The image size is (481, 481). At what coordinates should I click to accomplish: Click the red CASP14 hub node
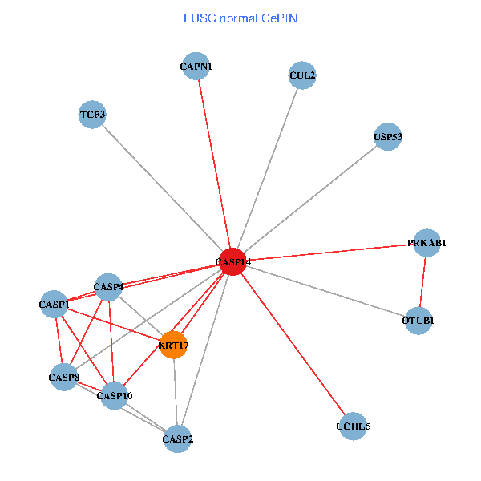point(232,261)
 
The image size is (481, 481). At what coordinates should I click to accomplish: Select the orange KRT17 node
point(173,346)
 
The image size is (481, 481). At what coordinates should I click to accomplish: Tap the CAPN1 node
point(196,67)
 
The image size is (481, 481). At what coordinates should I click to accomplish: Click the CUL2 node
point(302,76)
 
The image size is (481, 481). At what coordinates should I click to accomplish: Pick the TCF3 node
point(92,115)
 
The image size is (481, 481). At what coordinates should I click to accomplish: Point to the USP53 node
point(387,136)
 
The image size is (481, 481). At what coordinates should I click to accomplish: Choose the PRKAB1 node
point(426,243)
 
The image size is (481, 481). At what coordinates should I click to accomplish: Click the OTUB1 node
point(418,321)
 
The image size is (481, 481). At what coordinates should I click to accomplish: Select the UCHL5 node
point(353,426)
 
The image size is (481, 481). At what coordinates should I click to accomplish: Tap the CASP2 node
point(178,439)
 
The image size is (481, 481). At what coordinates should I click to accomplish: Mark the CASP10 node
point(115,395)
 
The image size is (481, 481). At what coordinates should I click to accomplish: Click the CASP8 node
point(64,377)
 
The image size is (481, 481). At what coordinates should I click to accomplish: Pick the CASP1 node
point(54,304)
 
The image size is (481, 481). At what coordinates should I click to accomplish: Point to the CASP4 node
point(108,286)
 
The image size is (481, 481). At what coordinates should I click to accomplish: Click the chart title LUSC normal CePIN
point(240,18)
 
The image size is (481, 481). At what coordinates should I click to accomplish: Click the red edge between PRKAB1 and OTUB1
point(422,281)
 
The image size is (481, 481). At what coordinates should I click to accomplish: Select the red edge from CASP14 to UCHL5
point(292,343)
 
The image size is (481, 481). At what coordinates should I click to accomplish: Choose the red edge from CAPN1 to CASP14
point(214,164)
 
